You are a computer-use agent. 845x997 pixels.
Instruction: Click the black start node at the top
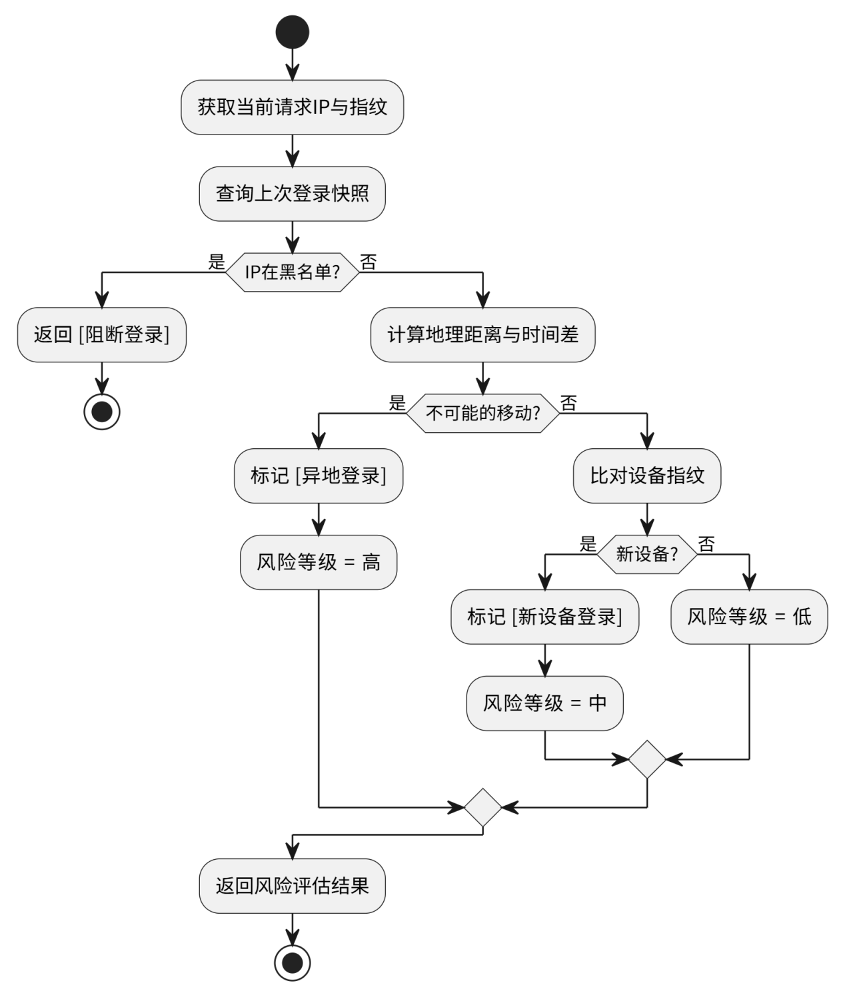tap(292, 32)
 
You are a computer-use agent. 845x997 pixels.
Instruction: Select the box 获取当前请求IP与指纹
tap(292, 107)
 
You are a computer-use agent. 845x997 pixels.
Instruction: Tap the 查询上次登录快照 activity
tap(292, 194)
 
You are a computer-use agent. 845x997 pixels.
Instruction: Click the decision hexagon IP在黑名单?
tap(292, 272)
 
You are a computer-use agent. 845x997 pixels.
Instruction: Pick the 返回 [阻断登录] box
tap(101, 334)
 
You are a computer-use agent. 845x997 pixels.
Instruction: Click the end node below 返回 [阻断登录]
tap(101, 412)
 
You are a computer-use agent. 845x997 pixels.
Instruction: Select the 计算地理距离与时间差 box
tap(482, 334)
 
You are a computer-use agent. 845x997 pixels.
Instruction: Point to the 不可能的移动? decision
tap(482, 413)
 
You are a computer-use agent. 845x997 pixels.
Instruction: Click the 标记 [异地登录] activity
tap(319, 476)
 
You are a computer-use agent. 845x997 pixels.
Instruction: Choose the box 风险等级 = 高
tap(319, 562)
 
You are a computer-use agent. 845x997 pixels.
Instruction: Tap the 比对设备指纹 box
tap(646, 476)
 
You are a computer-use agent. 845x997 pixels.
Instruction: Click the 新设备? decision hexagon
tap(646, 554)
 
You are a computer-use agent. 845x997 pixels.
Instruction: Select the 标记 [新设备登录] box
tap(544, 617)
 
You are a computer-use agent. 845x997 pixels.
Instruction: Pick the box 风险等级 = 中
tap(544, 703)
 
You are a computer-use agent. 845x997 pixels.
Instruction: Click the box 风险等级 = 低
tap(749, 617)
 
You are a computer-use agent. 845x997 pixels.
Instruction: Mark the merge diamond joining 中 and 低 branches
tap(647, 759)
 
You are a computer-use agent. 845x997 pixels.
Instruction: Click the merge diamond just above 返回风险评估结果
tap(482, 807)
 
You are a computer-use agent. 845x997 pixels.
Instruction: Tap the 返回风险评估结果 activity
tap(292, 886)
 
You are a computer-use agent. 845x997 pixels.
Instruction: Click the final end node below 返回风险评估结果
tap(292, 962)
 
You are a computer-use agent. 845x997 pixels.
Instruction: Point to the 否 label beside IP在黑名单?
tap(369, 262)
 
